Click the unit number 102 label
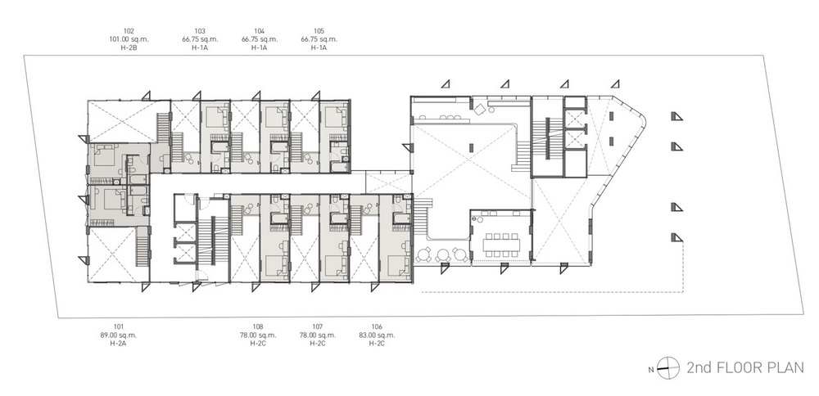pyautogui.click(x=129, y=31)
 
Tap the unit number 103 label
pyautogui.click(x=200, y=31)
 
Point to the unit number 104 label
pyautogui.click(x=260, y=31)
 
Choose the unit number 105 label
pyautogui.click(x=319, y=31)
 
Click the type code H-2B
pyautogui.click(x=129, y=47)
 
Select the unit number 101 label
pyautogui.click(x=119, y=327)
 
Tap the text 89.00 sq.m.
pyautogui.click(x=119, y=335)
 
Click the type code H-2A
pyautogui.click(x=119, y=344)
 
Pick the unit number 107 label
pyautogui.click(x=318, y=327)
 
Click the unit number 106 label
pyautogui.click(x=377, y=327)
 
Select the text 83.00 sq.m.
pyautogui.click(x=377, y=335)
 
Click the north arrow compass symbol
pyautogui.click(x=668, y=368)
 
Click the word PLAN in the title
pyautogui.click(x=785, y=367)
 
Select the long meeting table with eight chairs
pyautogui.click(x=501, y=244)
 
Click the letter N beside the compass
pyautogui.click(x=651, y=370)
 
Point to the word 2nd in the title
pyautogui.click(x=697, y=367)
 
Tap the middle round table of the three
pyautogui.click(x=443, y=255)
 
